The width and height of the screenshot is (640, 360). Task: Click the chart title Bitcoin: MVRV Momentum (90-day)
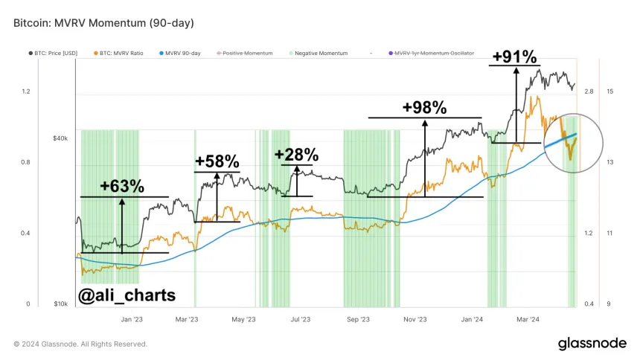click(x=103, y=23)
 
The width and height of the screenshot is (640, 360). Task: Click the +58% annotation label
click(x=217, y=161)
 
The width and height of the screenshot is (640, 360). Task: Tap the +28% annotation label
click(x=296, y=155)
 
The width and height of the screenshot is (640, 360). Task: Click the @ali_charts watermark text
click(x=127, y=295)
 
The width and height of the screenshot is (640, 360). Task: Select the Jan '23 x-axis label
click(x=132, y=319)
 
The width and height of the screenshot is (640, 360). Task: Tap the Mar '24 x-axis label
click(x=528, y=319)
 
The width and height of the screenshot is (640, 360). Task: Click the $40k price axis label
click(x=60, y=138)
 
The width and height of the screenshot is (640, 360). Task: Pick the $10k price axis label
click(x=60, y=304)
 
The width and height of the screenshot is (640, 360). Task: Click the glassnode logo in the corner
click(x=592, y=343)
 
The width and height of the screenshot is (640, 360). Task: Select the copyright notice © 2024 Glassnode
click(x=80, y=344)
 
